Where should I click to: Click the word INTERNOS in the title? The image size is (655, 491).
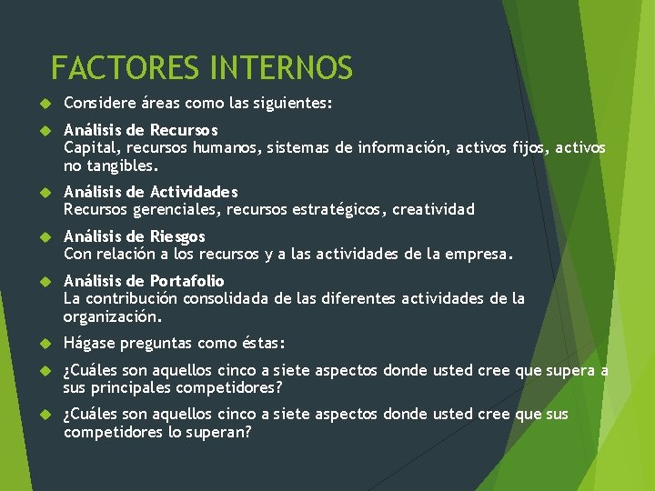(x=281, y=68)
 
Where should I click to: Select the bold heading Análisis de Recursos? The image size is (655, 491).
(x=140, y=130)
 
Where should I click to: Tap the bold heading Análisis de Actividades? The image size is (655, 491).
(x=150, y=192)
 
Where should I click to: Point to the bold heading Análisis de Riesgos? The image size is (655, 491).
(x=134, y=236)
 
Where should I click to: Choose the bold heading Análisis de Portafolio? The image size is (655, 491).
(x=143, y=281)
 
